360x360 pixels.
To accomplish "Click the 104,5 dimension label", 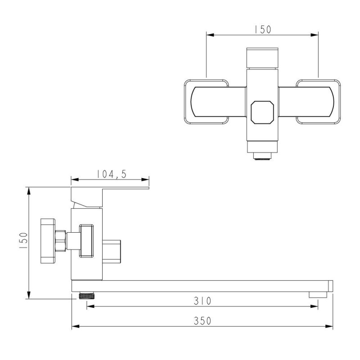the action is click(111, 174).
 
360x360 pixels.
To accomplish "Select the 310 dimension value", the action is click(202, 301).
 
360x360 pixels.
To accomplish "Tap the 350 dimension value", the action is click(202, 321).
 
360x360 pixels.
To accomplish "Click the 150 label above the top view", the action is click(263, 29).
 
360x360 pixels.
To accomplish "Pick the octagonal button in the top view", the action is click(262, 112).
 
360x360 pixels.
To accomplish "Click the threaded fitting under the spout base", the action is click(87, 296).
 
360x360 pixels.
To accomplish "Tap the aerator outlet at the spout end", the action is click(318, 295).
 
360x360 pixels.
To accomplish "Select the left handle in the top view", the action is click(206, 102).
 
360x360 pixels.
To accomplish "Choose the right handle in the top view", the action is click(318, 102).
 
